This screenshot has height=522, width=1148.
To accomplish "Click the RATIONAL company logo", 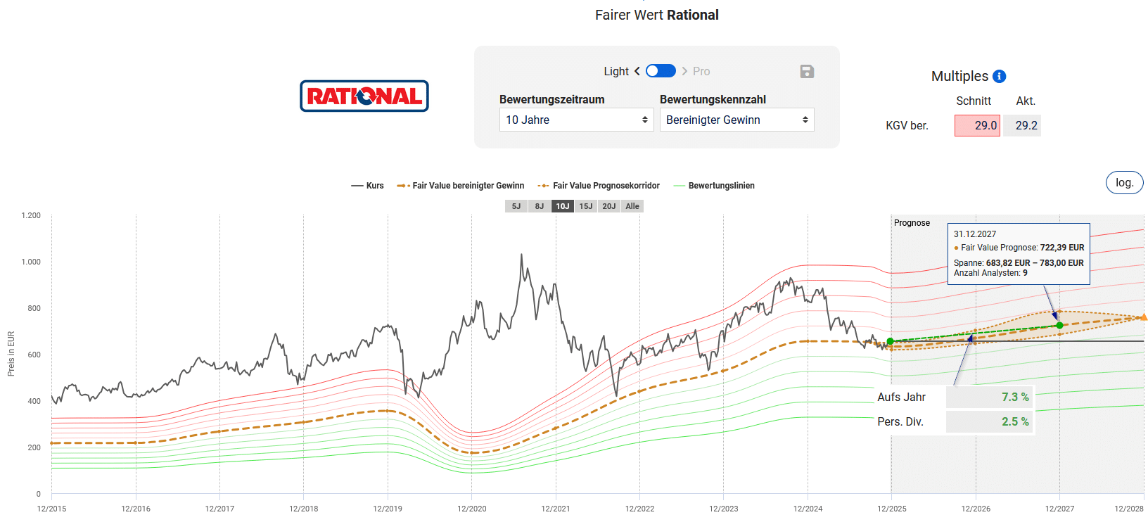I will coord(364,96).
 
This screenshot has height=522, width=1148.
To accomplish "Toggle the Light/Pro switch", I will coord(661,71).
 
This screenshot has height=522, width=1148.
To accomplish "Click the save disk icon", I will coord(807,71).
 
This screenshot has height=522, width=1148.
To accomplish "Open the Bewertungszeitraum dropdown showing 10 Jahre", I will coord(576,120).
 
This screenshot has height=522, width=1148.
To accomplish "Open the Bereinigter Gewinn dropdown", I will coord(736,120).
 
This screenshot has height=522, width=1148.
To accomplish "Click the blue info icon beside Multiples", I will coord(999,76).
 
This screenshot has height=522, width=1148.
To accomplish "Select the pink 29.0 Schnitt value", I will coord(977,125).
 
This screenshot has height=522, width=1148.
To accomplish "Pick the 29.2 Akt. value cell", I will coord(1022,125).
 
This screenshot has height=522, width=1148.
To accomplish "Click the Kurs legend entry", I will coord(368,186).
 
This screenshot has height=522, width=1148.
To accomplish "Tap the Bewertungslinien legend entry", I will coord(715,186).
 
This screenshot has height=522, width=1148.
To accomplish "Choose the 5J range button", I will coord(516,206).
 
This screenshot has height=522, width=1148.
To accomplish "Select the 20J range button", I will coord(609,206).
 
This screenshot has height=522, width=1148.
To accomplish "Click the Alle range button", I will coord(632,206).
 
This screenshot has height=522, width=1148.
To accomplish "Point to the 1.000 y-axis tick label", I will coord(31,262).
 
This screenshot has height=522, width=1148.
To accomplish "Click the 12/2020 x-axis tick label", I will coord(471,509).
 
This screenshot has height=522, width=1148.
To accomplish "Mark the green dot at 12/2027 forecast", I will coord(1059,325).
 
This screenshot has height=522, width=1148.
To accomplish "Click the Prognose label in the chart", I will coord(912,223).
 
